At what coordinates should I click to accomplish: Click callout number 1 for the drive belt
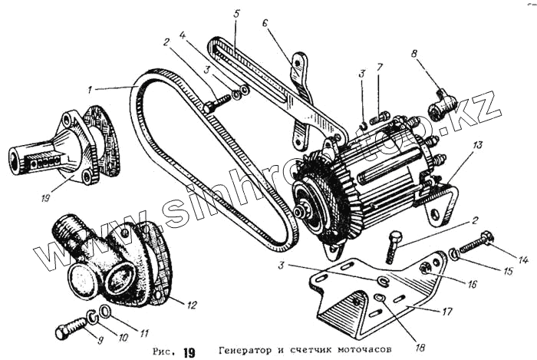tap(91, 89)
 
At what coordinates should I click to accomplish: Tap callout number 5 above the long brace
tap(237, 14)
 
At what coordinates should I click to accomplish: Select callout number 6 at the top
tap(265, 24)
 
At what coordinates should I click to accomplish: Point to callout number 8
tap(415, 54)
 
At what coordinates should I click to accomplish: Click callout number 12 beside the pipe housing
tap(192, 305)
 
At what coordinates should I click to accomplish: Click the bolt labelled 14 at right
tap(474, 244)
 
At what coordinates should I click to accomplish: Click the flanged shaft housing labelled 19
tap(61, 150)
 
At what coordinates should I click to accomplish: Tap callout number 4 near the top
tap(183, 35)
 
